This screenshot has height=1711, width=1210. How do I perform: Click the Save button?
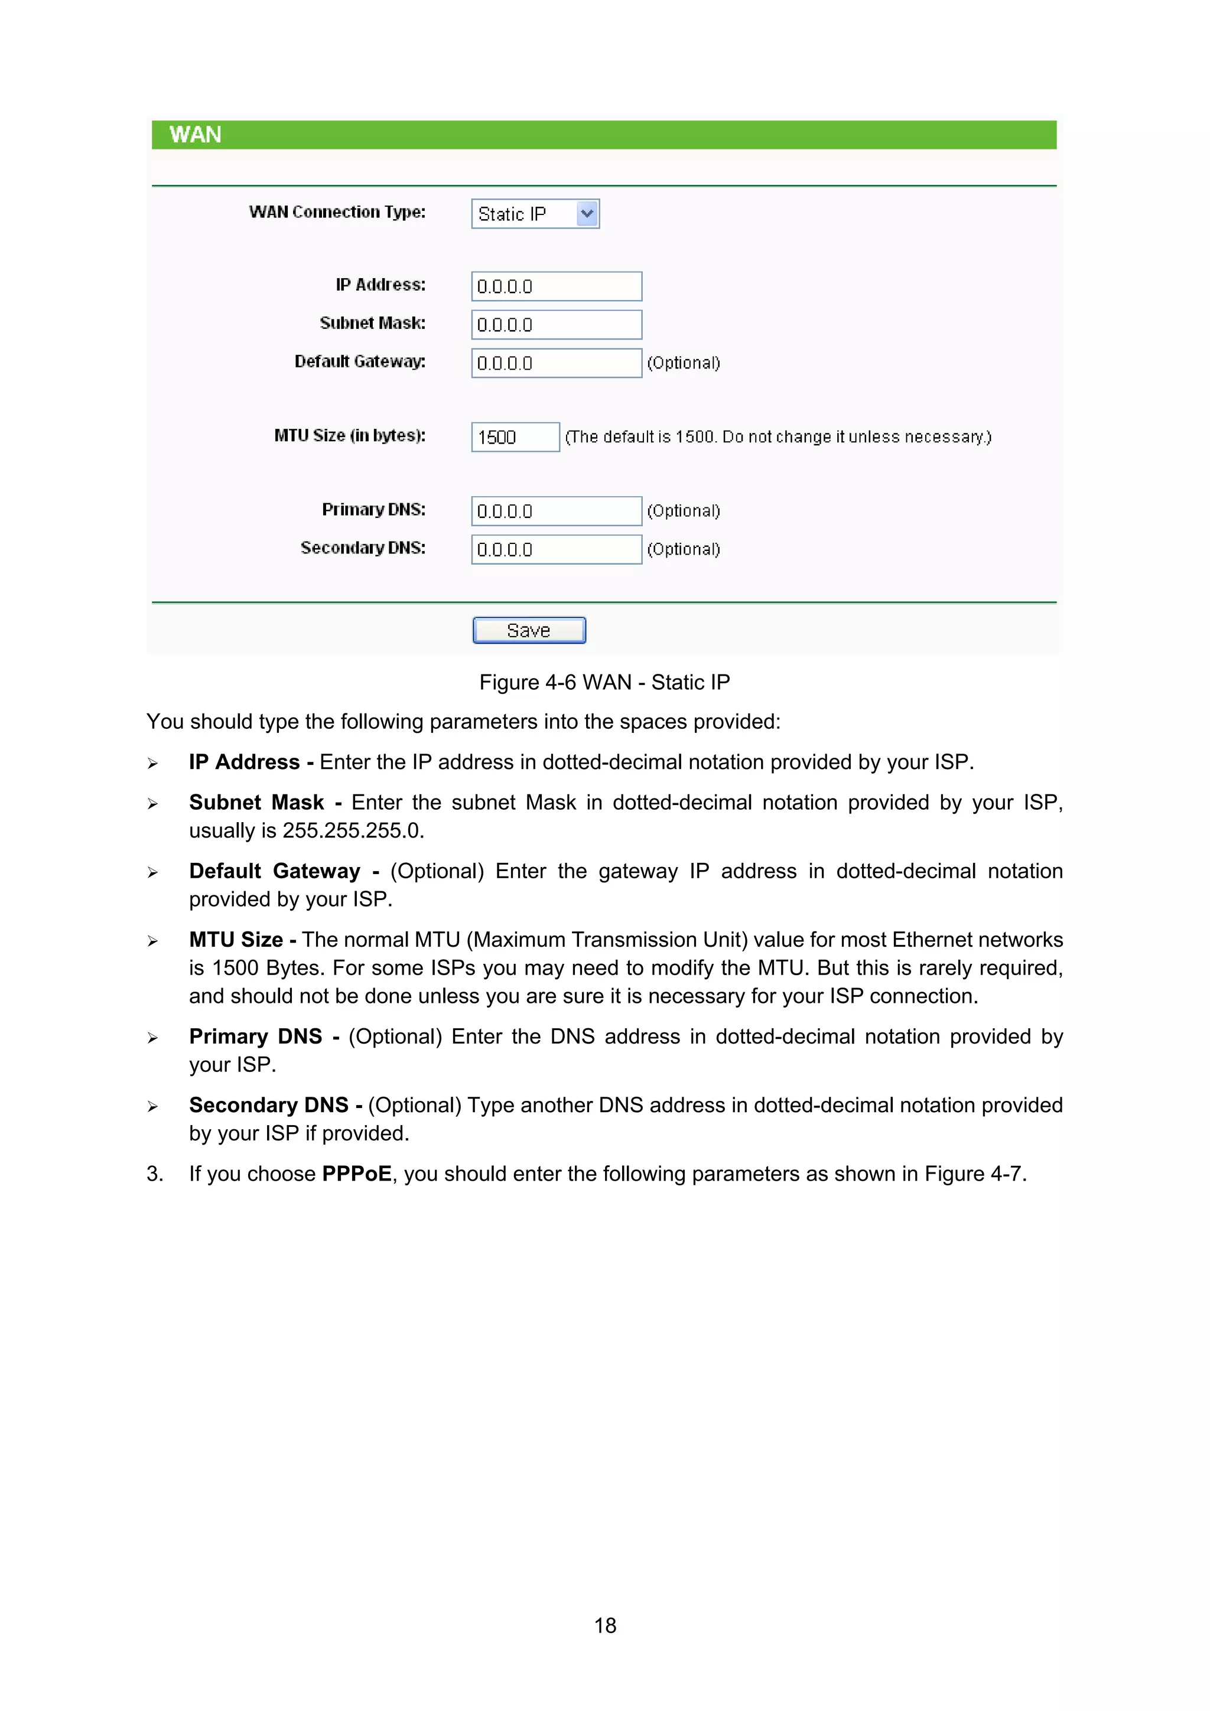529,630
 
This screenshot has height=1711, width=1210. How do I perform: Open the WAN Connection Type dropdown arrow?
587,214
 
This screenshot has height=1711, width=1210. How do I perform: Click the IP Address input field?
556,286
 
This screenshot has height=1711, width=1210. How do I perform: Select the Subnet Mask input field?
556,325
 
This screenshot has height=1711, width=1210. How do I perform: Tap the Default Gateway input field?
556,363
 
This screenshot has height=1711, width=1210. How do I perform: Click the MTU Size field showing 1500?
515,436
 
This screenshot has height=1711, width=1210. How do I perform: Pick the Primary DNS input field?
556,511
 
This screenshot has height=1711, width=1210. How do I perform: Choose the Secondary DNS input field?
556,549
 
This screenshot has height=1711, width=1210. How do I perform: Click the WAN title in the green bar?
196,135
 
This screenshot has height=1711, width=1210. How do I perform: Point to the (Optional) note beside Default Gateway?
683,363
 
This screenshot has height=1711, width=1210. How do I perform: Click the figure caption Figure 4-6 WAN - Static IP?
604,682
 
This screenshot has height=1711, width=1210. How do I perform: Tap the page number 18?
604,1625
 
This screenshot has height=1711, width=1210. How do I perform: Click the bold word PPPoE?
356,1174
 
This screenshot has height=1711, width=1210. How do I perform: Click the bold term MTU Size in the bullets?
236,940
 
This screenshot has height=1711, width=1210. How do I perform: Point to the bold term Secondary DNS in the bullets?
268,1105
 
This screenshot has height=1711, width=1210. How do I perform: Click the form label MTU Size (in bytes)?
350,435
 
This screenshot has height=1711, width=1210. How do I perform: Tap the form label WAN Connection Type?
337,213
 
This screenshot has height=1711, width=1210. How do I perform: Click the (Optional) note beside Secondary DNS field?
683,549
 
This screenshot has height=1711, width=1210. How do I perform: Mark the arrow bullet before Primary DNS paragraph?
153,1038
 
